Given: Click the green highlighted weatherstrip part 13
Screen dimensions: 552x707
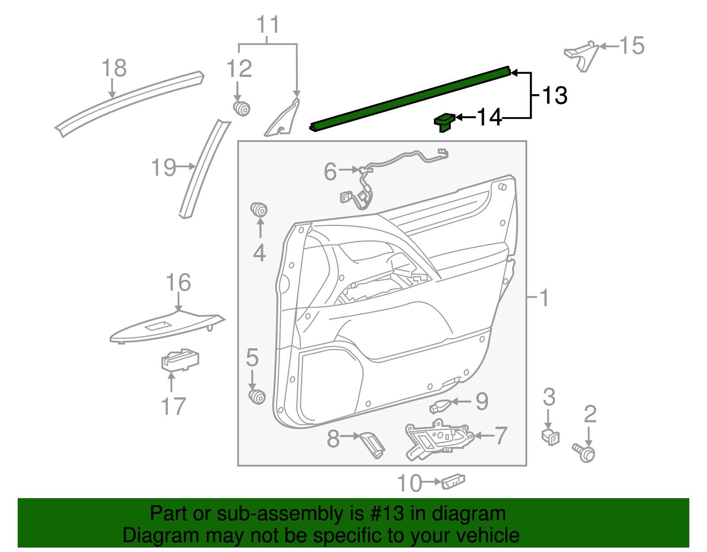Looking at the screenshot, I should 411,98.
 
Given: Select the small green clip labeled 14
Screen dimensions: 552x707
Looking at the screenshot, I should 444,122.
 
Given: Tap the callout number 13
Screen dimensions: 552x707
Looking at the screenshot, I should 554,95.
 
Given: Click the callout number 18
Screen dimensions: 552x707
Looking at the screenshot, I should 114,69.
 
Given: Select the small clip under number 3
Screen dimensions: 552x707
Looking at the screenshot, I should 550,437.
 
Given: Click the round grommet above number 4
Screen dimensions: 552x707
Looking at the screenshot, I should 259,209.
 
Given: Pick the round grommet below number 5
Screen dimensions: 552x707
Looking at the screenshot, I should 257,396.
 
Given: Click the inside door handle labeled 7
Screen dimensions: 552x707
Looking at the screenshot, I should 437,442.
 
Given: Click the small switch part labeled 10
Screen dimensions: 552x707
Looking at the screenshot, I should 453,481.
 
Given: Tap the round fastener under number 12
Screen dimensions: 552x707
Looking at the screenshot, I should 241,108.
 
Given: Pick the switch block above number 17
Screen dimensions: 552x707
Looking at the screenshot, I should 180,360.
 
